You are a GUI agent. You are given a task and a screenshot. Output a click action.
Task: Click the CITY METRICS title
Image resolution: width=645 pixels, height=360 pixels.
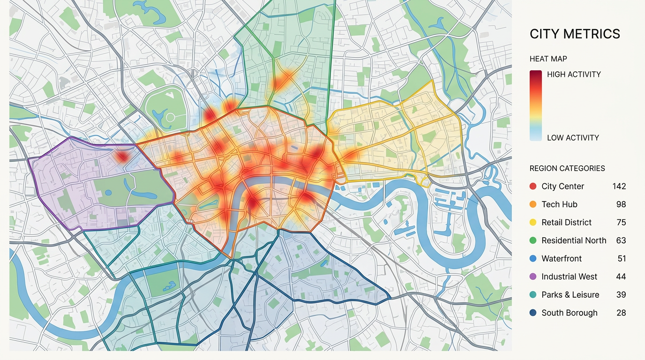(575, 34)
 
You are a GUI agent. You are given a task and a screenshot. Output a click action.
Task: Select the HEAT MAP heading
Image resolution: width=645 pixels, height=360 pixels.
(548, 59)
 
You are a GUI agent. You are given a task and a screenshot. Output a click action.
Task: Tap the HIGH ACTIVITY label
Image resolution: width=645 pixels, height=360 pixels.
(574, 74)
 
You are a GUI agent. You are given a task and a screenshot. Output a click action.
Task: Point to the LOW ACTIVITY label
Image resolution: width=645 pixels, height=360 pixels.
(573, 138)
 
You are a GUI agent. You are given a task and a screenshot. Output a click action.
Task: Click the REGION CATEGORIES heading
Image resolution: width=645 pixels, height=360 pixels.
(567, 168)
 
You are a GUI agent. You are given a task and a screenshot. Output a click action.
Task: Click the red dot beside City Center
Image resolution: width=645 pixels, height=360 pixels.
(533, 187)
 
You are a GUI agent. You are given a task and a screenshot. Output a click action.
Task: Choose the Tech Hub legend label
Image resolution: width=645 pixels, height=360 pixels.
(559, 204)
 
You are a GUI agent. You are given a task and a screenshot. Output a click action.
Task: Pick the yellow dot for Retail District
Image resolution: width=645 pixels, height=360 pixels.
(533, 223)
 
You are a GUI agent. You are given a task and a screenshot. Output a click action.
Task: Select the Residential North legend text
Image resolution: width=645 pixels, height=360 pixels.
(574, 240)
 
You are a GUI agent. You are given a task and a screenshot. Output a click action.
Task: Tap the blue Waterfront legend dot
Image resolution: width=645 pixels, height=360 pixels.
(533, 259)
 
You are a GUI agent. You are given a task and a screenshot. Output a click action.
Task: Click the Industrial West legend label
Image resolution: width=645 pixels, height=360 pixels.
(569, 277)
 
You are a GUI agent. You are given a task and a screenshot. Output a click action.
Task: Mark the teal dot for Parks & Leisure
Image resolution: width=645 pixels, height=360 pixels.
(533, 295)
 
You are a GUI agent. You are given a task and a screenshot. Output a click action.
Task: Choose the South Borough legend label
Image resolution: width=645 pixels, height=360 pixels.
(569, 313)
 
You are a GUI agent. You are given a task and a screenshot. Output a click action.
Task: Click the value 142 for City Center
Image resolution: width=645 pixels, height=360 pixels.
(619, 187)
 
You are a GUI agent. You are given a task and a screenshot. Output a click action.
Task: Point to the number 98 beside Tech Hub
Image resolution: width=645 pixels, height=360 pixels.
(621, 204)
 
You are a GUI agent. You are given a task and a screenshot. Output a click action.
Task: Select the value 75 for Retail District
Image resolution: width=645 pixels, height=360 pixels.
(621, 223)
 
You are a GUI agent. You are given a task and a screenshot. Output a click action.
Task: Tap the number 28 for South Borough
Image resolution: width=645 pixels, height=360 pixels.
(621, 313)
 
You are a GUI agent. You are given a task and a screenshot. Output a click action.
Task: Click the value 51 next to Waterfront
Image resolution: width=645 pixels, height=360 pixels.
(622, 259)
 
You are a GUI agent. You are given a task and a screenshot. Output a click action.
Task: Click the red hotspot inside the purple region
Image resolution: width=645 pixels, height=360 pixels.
(122, 156)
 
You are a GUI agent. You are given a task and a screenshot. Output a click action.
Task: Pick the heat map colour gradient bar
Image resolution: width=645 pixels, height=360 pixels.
(536, 105)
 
